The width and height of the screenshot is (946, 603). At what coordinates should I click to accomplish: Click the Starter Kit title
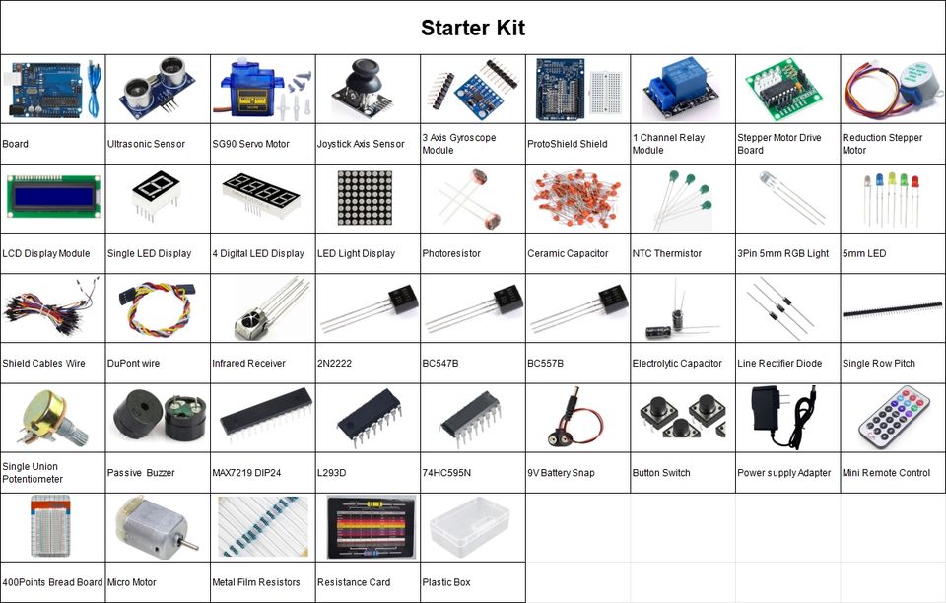[x=473, y=28]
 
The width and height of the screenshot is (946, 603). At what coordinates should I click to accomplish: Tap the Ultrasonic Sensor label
[x=146, y=144]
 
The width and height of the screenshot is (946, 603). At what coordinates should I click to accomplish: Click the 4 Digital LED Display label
[x=258, y=254]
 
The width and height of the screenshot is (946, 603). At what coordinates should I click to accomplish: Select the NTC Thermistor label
[x=667, y=254]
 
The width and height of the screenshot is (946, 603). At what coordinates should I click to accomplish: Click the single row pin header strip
[x=893, y=311]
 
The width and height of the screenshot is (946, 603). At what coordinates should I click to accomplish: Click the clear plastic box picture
[x=470, y=526]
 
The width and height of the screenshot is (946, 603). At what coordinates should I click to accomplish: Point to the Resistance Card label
[x=354, y=582]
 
